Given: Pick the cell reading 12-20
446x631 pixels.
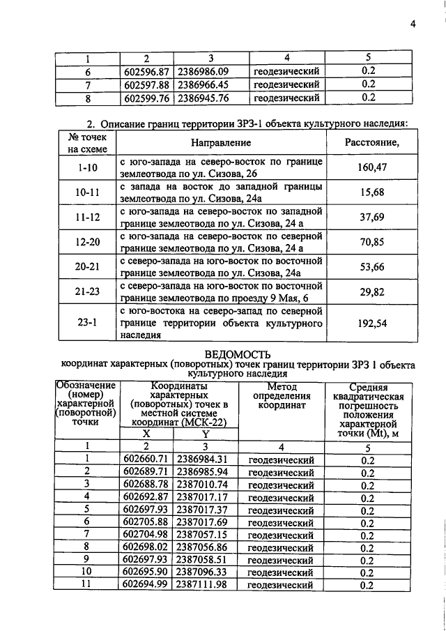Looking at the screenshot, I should (x=88, y=242).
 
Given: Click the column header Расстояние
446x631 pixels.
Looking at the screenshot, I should (x=371, y=142).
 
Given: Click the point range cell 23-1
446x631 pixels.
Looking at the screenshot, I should (x=88, y=323).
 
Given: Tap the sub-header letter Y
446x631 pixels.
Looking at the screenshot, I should (x=206, y=433).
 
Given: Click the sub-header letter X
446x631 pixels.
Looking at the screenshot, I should (x=146, y=433).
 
